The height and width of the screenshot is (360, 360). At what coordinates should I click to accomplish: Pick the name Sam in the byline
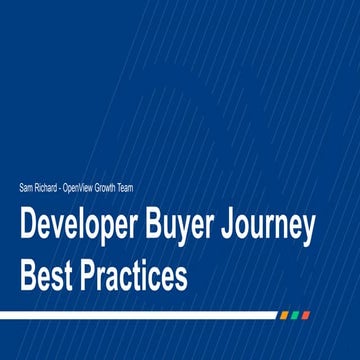[x=26, y=187]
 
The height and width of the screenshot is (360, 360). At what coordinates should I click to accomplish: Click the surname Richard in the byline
[x=46, y=187]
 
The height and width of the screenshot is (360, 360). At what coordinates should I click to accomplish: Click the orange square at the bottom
[x=284, y=315]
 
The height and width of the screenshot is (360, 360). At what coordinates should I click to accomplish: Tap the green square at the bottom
[x=295, y=315]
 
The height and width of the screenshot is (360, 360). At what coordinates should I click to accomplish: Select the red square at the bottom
[x=306, y=315]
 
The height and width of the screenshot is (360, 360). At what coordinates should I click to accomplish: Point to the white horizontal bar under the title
[x=140, y=315]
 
